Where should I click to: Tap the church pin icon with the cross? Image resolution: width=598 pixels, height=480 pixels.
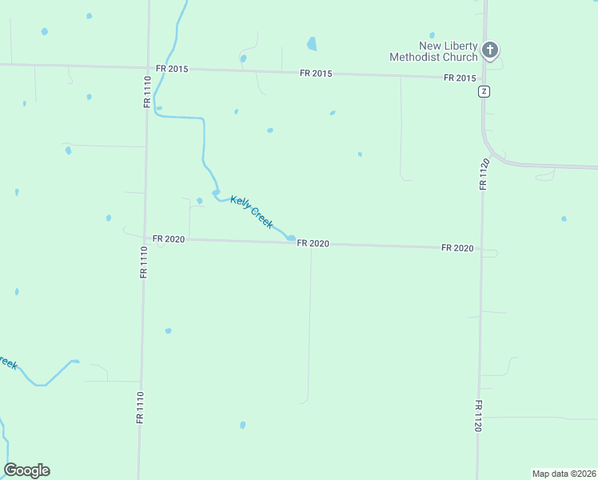491,51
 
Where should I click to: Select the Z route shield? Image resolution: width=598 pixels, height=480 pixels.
484,91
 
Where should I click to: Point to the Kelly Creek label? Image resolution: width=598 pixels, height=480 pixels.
252,212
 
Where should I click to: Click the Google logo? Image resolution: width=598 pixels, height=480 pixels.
26,470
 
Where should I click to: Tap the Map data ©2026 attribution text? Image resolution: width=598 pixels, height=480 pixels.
564,474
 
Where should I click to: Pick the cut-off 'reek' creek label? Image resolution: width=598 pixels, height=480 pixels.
7,362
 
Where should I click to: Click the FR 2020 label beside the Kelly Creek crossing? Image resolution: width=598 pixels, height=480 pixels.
313,244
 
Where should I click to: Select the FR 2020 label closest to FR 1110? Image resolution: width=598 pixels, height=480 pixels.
169,239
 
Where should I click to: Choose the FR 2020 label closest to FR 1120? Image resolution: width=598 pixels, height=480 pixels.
457,249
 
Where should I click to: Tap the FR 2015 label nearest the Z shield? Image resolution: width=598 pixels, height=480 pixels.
460,78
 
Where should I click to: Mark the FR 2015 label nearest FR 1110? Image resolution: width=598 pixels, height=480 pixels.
172,69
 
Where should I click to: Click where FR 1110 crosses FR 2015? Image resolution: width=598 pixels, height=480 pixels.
148,67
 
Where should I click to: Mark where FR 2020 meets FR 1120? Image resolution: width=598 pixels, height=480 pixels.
481,249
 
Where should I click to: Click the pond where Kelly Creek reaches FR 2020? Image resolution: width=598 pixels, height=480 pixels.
290,237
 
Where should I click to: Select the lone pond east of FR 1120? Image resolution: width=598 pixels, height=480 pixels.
564,218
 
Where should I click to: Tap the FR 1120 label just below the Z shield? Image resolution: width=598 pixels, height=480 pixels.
483,174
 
